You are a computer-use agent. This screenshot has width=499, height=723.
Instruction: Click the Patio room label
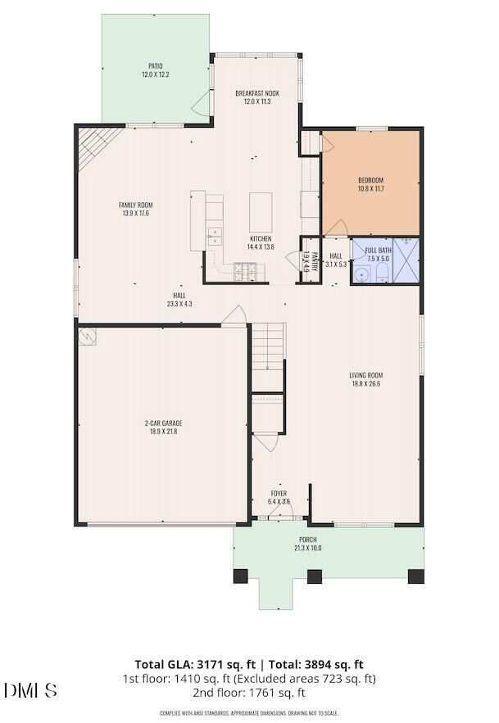click(155, 66)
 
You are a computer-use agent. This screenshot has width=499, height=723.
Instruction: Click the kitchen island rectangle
click(261, 211)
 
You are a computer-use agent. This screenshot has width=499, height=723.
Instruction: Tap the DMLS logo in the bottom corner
click(30, 691)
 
